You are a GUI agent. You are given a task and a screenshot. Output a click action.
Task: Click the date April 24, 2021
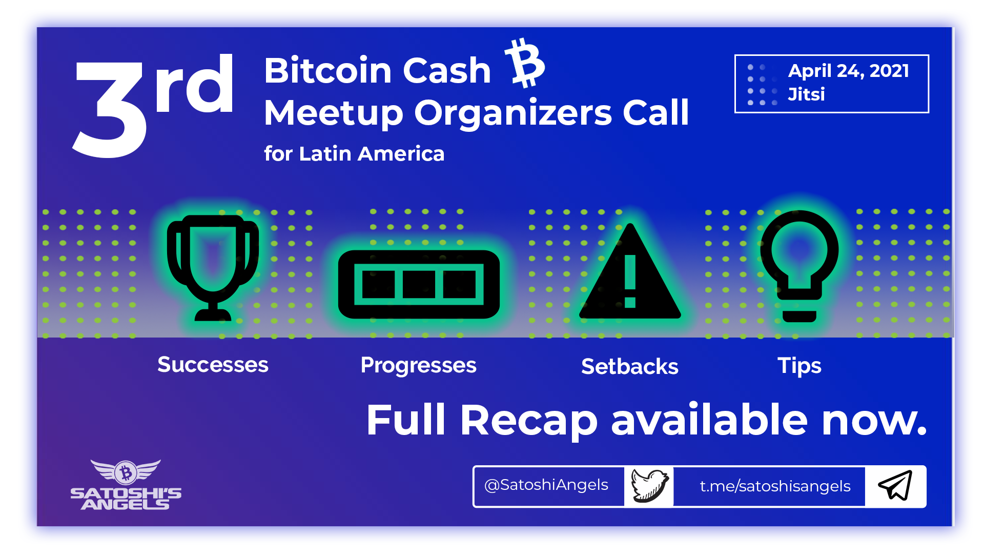point(849,71)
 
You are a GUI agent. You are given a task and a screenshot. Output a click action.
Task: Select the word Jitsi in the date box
point(806,94)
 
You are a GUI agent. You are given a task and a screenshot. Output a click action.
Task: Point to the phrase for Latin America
point(354,154)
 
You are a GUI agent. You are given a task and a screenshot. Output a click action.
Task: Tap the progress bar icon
point(419,284)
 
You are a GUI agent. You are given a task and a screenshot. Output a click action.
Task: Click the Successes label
point(213,365)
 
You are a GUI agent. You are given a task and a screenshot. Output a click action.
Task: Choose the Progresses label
point(419,366)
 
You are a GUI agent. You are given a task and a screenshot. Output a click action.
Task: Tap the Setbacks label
point(630,367)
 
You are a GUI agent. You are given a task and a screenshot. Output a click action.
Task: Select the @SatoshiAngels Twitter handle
point(546,485)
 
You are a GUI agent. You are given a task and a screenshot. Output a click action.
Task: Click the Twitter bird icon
point(649,485)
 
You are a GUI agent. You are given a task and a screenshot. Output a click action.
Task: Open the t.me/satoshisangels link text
point(775,486)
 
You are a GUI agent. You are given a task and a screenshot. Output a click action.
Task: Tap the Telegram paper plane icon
point(895,485)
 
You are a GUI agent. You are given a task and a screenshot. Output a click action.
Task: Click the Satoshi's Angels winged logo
point(126,485)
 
